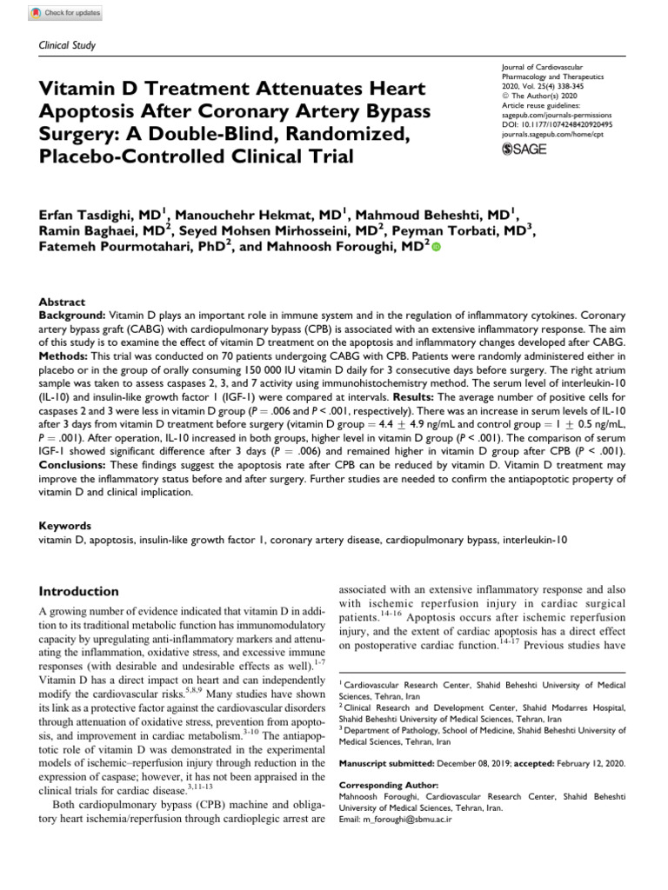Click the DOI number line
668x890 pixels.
(x=558, y=124)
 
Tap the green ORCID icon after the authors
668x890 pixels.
(x=436, y=248)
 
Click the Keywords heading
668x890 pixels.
(x=65, y=526)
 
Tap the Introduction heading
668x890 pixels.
(x=79, y=590)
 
